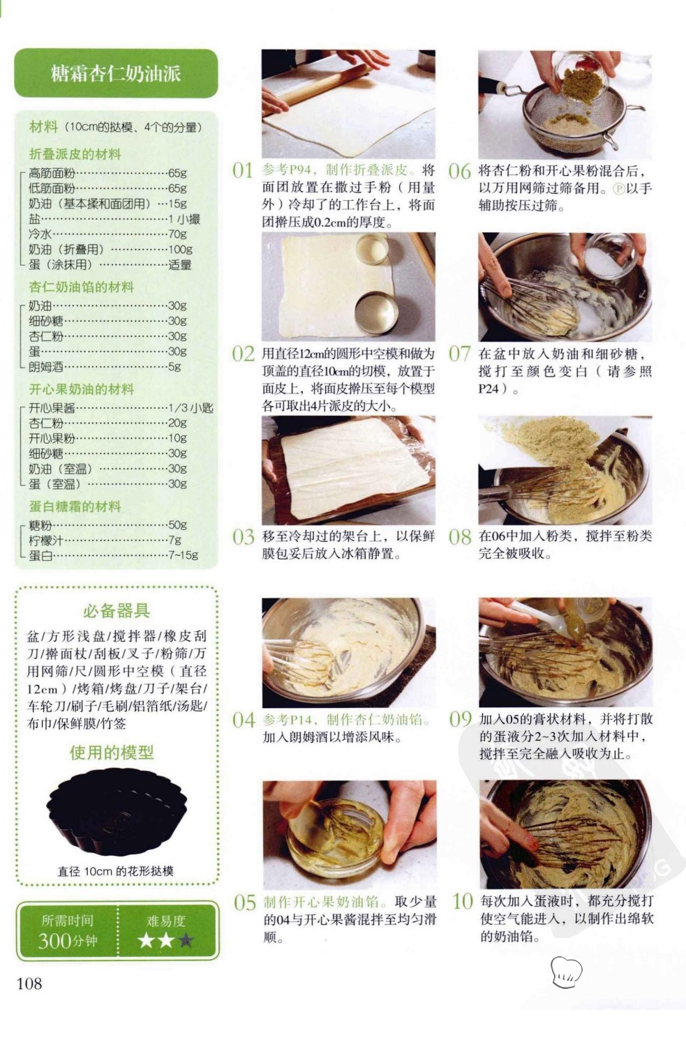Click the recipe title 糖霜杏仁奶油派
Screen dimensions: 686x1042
pos(116,74)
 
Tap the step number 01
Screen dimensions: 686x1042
pos(242,170)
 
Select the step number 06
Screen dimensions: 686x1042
pos(459,171)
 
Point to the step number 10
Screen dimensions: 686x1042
pos(463,902)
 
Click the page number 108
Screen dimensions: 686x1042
pos(29,984)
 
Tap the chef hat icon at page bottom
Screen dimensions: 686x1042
pos(566,972)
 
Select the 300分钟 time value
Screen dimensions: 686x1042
pos(68,941)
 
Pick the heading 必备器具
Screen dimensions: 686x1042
pos(117,610)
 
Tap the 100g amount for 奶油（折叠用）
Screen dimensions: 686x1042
pos(180,249)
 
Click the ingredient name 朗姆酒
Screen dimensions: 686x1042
pos(45,367)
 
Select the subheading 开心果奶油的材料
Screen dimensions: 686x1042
pos(82,389)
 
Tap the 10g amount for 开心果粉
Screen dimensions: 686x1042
pos(177,438)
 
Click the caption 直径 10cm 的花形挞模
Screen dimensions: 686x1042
pos(115,871)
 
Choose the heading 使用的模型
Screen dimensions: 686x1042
pos(112,752)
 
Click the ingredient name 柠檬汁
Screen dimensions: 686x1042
pos(45,540)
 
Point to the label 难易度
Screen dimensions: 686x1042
pos(166,921)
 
